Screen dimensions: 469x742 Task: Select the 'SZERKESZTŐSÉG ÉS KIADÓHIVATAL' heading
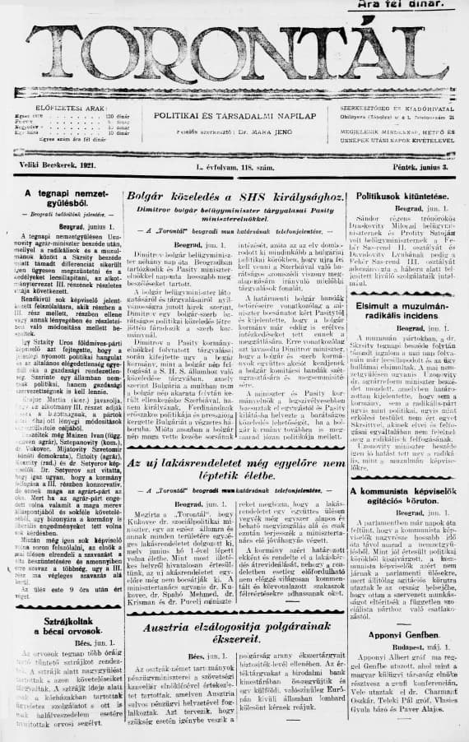(x=401, y=107)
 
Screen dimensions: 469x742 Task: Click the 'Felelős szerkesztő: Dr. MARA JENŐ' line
(x=235, y=130)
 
